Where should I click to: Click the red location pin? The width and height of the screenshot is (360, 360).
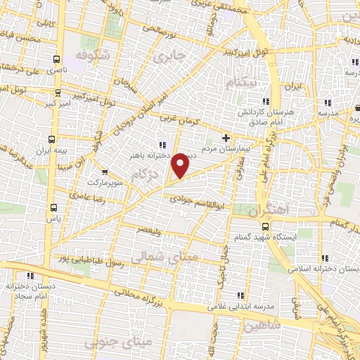(181, 166)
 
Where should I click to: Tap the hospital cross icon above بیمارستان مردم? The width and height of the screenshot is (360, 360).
(226, 138)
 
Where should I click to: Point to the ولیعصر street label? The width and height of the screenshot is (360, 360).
(152, 230)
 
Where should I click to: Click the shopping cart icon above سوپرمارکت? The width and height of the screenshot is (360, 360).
(104, 171)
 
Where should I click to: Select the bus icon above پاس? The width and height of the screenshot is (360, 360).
(54, 207)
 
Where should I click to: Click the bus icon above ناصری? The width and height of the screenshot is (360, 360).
(56, 60)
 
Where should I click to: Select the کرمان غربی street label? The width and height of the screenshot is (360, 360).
(179, 121)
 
